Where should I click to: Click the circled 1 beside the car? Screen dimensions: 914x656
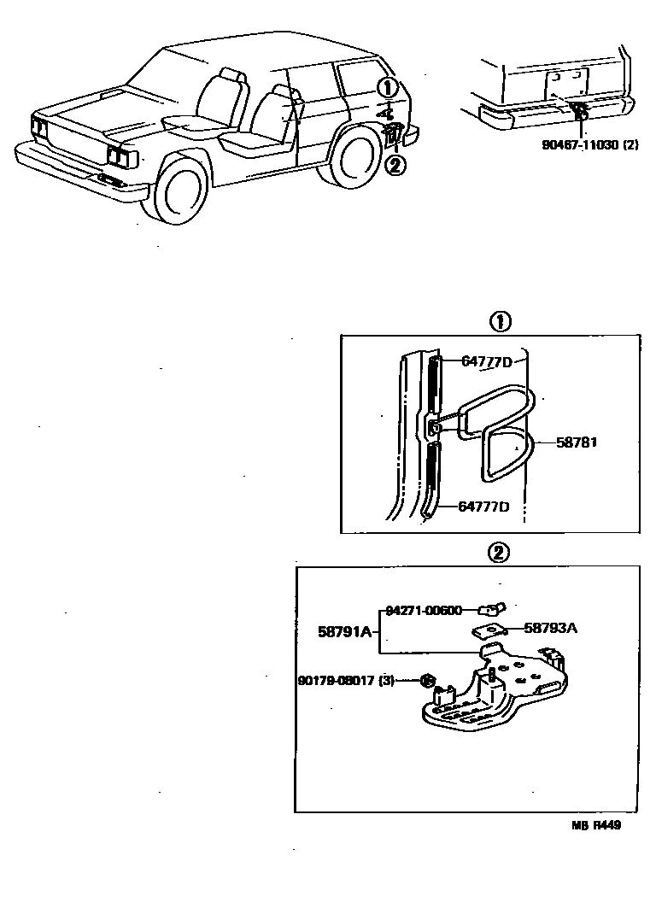click(388, 87)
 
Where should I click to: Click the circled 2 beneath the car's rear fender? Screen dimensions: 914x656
click(395, 165)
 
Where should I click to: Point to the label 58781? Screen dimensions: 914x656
click(577, 442)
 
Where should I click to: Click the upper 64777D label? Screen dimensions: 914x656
click(486, 361)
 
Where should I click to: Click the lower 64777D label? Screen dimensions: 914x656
click(483, 507)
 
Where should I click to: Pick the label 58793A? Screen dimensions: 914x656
click(550, 628)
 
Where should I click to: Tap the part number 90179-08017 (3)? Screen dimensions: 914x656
click(346, 681)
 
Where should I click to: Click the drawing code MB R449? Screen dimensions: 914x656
click(596, 825)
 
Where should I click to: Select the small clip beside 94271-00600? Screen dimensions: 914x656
click(492, 609)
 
